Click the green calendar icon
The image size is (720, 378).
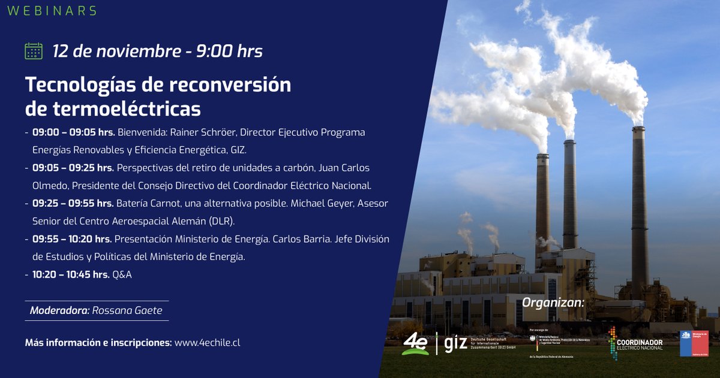pyautogui.click(x=34, y=51)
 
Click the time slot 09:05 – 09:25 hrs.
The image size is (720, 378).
pyautogui.click(x=73, y=168)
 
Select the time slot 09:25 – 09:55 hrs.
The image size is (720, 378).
pyautogui.click(x=73, y=203)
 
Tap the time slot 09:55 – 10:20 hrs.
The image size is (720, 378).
pyautogui.click(x=72, y=239)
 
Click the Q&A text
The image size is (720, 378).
pyautogui.click(x=122, y=274)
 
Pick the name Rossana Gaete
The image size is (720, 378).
pyautogui.click(x=127, y=310)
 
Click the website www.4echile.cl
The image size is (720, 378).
pyautogui.click(x=207, y=343)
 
